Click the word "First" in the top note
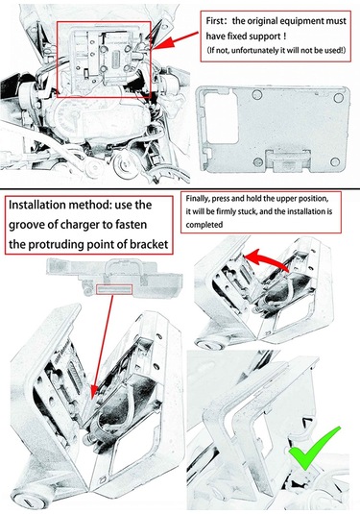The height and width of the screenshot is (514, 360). click(214, 21)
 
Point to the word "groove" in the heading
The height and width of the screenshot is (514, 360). click(29, 225)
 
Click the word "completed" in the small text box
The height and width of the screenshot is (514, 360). click(204, 225)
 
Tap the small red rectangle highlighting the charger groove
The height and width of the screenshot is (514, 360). click(114, 289)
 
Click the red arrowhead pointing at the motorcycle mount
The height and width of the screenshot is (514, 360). click(162, 43)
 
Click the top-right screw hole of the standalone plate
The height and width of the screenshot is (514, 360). click(338, 97)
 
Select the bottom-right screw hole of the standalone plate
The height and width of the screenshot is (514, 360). click(335, 161)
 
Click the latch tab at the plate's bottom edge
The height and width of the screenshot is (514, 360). click(288, 161)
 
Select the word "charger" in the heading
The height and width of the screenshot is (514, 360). click(82, 225)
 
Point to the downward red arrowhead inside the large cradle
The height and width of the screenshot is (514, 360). click(94, 391)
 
